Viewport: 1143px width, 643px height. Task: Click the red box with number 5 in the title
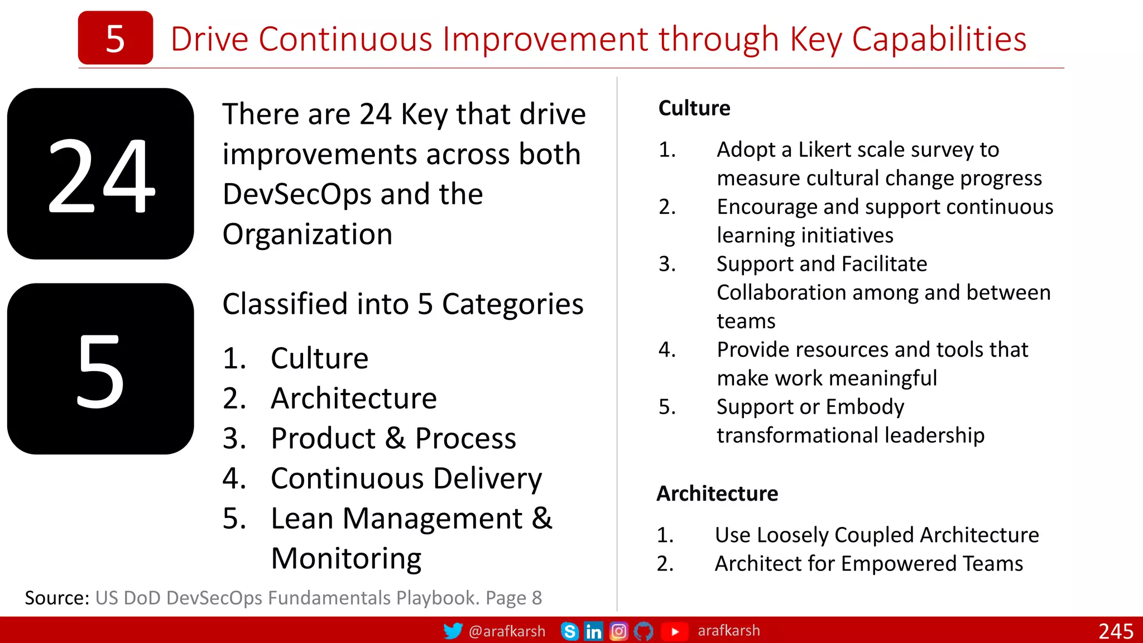click(x=115, y=38)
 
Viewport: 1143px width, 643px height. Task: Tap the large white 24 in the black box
click(x=101, y=175)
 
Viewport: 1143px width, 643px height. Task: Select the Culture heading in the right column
click(x=694, y=108)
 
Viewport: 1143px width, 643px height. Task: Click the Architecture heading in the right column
click(x=717, y=493)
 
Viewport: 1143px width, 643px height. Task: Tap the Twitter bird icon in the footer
click(x=453, y=631)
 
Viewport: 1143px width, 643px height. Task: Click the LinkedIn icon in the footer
click(x=593, y=631)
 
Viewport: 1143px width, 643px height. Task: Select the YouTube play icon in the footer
click(x=675, y=631)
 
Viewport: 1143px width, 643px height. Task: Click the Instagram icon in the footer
click(x=618, y=631)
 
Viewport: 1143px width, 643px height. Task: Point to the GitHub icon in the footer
click(x=643, y=631)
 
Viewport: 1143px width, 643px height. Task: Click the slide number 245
click(x=1116, y=631)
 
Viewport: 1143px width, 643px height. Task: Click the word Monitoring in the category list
click(x=346, y=558)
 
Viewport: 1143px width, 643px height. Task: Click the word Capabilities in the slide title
click(x=939, y=39)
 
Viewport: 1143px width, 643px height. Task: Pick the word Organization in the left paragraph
click(x=307, y=234)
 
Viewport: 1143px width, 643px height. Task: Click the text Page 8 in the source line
click(x=513, y=598)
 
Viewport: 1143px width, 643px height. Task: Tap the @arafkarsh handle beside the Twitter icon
click(x=507, y=631)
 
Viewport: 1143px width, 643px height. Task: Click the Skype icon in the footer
click(x=569, y=631)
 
